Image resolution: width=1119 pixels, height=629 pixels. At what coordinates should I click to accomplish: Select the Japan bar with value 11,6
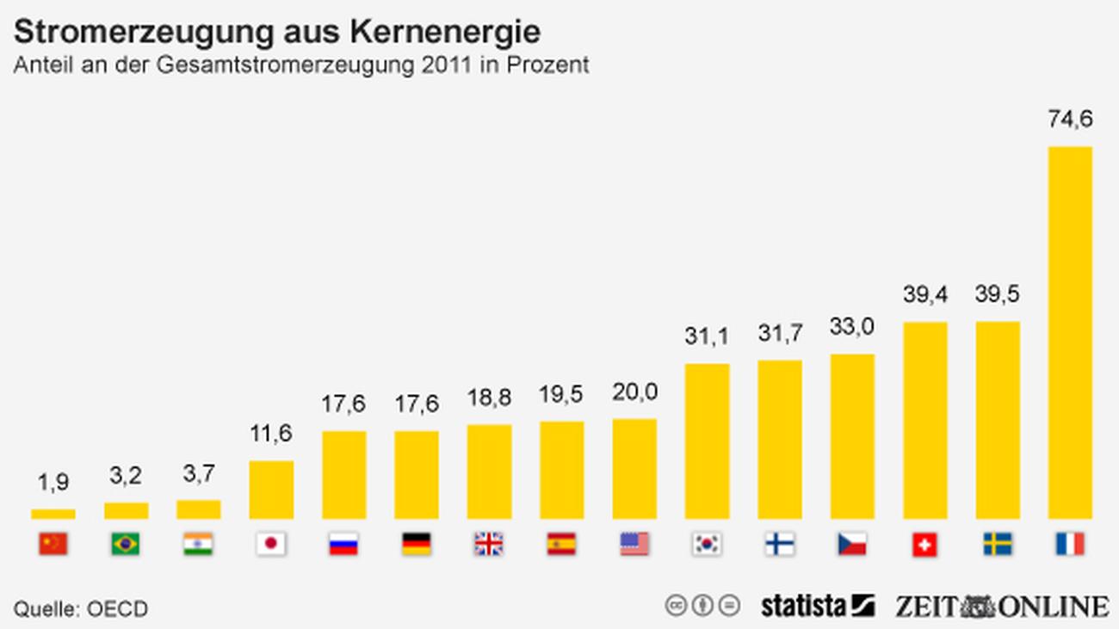[x=271, y=490]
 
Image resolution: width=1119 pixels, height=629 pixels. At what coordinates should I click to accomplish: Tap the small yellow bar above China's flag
[x=53, y=514]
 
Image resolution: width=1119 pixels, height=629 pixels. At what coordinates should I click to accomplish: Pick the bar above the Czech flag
[x=852, y=436]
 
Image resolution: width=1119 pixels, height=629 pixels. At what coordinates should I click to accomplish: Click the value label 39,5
[x=998, y=294]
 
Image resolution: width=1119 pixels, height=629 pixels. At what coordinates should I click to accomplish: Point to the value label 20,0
[x=634, y=392]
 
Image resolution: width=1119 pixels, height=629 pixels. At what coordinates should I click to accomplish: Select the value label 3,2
[x=126, y=475]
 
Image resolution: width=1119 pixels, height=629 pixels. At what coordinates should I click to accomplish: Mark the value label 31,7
[x=780, y=333]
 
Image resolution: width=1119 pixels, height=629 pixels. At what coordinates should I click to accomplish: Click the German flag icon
[x=417, y=544]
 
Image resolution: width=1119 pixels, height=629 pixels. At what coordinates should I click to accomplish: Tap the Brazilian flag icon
[x=126, y=544]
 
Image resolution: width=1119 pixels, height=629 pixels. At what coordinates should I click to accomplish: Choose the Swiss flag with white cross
[x=924, y=544]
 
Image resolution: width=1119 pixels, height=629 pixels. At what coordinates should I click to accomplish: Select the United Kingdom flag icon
[x=489, y=544]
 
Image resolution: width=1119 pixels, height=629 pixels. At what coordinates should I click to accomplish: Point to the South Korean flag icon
[x=707, y=544]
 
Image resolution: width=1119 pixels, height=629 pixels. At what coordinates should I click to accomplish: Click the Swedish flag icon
[x=998, y=544]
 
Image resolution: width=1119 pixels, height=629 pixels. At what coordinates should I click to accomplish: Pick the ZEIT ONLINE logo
[x=1001, y=606]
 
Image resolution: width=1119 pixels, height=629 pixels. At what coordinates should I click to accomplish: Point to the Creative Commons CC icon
[x=677, y=606]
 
